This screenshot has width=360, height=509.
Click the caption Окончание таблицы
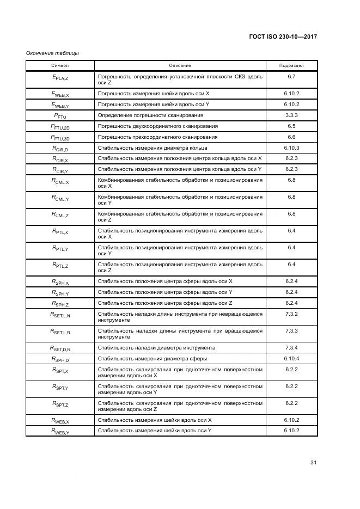pyautogui.click(x=52, y=53)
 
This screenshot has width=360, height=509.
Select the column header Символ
pyautogui.click(x=60, y=65)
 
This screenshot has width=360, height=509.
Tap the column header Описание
pyautogui.click(x=180, y=65)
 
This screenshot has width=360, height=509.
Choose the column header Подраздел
pyautogui.click(x=291, y=65)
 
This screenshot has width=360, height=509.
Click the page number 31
pyautogui.click(x=314, y=462)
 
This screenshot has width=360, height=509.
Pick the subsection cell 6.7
pyautogui.click(x=291, y=77)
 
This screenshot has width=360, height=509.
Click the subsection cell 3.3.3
pyautogui.click(x=291, y=115)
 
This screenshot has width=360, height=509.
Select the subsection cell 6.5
pyautogui.click(x=291, y=126)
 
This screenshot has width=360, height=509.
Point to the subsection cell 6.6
pyautogui.click(x=291, y=137)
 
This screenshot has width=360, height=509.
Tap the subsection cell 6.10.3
pyautogui.click(x=291, y=148)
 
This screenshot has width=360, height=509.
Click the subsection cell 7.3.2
pyautogui.click(x=291, y=314)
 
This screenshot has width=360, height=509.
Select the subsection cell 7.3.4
pyautogui.click(x=291, y=347)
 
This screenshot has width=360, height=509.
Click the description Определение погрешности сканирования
pyautogui.click(x=150, y=115)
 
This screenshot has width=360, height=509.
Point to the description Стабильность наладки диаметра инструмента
pyautogui.click(x=156, y=348)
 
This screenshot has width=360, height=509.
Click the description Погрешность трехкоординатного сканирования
pyautogui.click(x=157, y=137)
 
